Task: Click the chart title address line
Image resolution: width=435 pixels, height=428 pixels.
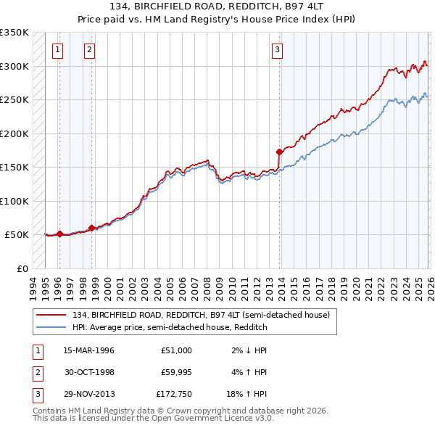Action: tap(217, 7)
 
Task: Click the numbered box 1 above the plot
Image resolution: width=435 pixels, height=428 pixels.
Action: tap(57, 50)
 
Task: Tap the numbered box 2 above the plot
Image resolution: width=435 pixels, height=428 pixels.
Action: tap(88, 50)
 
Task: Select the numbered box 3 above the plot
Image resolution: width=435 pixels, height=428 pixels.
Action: tap(277, 50)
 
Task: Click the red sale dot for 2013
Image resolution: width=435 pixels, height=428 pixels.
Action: tap(280, 152)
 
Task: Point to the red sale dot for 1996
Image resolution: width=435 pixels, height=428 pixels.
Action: tap(59, 234)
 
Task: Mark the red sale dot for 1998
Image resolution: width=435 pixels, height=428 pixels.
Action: tap(92, 228)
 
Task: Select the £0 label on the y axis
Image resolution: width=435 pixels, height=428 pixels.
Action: tap(22, 268)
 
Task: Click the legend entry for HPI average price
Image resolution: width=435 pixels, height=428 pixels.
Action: tap(170, 327)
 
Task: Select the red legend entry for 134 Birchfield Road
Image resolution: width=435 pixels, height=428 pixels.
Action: tap(201, 315)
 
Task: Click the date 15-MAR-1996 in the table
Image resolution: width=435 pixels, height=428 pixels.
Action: tap(88, 350)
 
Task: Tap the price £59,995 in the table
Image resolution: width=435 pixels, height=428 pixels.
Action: tap(177, 372)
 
